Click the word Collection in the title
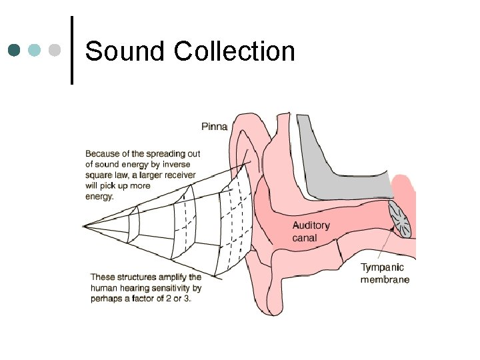point(234,51)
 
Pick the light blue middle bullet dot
point(35,50)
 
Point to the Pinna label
point(215,126)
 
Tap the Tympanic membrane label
point(384,273)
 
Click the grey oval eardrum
point(401,219)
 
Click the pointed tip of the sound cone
point(84,225)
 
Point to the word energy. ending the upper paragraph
point(100,196)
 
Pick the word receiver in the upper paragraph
point(180,175)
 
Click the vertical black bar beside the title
point(72,50)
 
